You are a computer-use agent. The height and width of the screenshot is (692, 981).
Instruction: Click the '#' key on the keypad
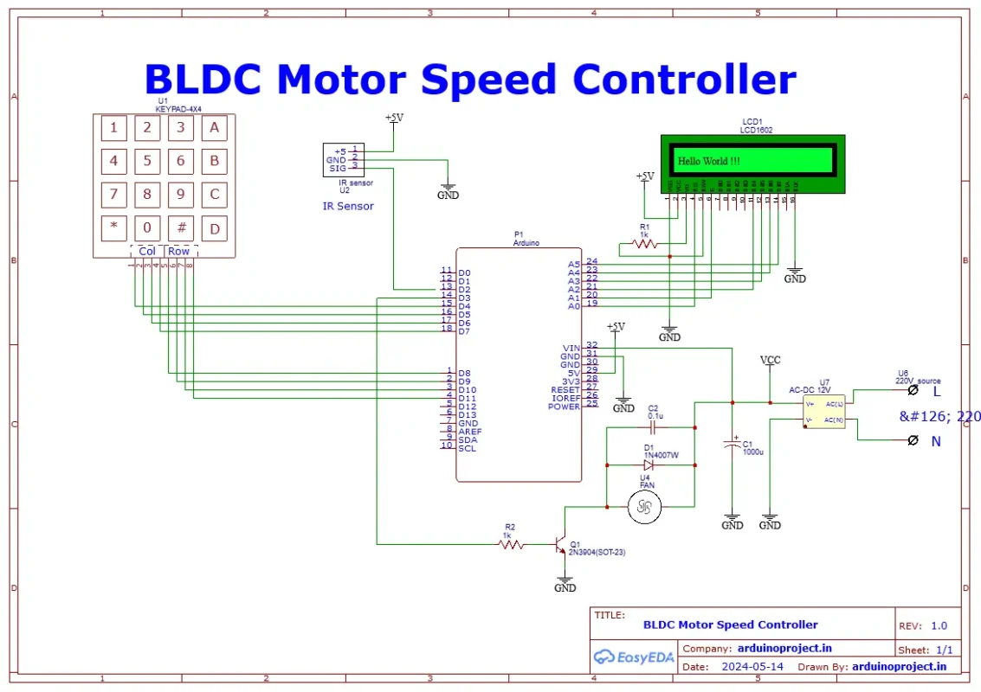pos(180,228)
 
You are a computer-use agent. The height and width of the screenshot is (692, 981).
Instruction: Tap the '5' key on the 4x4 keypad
pos(147,161)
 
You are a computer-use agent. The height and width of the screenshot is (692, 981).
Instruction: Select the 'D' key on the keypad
pos(214,228)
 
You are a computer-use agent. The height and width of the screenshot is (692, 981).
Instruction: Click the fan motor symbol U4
pos(643,507)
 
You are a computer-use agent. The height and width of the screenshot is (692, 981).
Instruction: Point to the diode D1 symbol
pos(650,465)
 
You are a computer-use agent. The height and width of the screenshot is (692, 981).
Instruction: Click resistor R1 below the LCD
pos(645,244)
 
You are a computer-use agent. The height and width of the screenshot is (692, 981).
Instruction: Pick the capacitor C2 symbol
pos(654,427)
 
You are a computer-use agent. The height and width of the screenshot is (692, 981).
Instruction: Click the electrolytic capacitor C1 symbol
pos(733,445)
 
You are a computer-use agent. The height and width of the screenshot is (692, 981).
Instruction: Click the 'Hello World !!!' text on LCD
pos(708,161)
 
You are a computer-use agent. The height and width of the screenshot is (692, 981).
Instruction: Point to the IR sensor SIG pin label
pos(338,169)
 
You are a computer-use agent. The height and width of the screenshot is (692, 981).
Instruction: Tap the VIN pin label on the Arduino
pos(571,349)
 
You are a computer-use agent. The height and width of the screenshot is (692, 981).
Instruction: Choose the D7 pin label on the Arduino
pos(465,331)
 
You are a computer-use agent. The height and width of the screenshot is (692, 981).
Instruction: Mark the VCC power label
pos(770,359)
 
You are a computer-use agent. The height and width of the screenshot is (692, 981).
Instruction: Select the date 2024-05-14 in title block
pos(752,666)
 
